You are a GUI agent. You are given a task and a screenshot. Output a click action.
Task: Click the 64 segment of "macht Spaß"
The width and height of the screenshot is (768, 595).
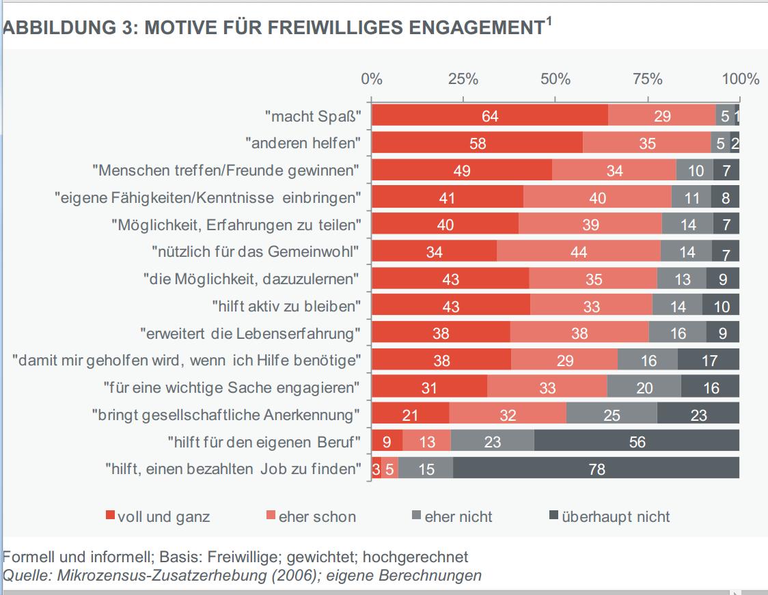click(x=489, y=116)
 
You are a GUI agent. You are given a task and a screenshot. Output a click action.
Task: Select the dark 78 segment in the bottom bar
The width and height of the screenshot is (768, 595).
click(x=596, y=469)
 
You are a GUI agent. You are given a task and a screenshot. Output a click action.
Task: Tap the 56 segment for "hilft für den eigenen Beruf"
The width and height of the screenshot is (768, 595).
click(x=636, y=442)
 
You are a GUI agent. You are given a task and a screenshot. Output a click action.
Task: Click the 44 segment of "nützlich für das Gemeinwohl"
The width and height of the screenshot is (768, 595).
click(x=578, y=252)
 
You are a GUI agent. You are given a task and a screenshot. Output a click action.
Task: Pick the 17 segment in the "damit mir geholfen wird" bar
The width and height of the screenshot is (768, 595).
click(x=709, y=360)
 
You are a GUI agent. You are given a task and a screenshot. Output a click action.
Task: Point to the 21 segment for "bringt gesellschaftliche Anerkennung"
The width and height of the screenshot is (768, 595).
click(x=410, y=415)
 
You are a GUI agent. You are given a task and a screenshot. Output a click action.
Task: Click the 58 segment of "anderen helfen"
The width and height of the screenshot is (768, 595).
click(x=478, y=143)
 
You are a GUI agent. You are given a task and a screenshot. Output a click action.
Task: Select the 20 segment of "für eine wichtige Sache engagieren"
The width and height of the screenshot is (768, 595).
click(x=644, y=387)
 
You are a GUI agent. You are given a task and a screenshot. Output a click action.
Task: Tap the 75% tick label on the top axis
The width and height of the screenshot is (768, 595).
click(x=647, y=79)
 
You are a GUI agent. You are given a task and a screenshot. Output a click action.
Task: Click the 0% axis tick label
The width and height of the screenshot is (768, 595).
click(x=372, y=79)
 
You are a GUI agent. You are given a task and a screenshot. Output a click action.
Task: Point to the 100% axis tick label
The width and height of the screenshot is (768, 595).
click(x=740, y=79)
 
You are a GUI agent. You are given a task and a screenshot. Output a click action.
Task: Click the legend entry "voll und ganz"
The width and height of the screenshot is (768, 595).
click(x=163, y=516)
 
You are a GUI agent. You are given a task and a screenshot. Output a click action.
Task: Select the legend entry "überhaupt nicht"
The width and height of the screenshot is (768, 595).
click(x=616, y=516)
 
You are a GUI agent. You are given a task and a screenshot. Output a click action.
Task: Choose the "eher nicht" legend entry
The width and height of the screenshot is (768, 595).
click(x=458, y=516)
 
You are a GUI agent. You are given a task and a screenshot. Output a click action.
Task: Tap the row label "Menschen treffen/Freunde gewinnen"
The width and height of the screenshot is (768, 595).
click(x=225, y=169)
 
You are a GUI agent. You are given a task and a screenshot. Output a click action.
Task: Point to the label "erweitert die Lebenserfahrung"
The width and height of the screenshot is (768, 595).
click(x=250, y=333)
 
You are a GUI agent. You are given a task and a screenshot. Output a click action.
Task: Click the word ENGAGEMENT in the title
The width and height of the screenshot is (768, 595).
click(x=472, y=29)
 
